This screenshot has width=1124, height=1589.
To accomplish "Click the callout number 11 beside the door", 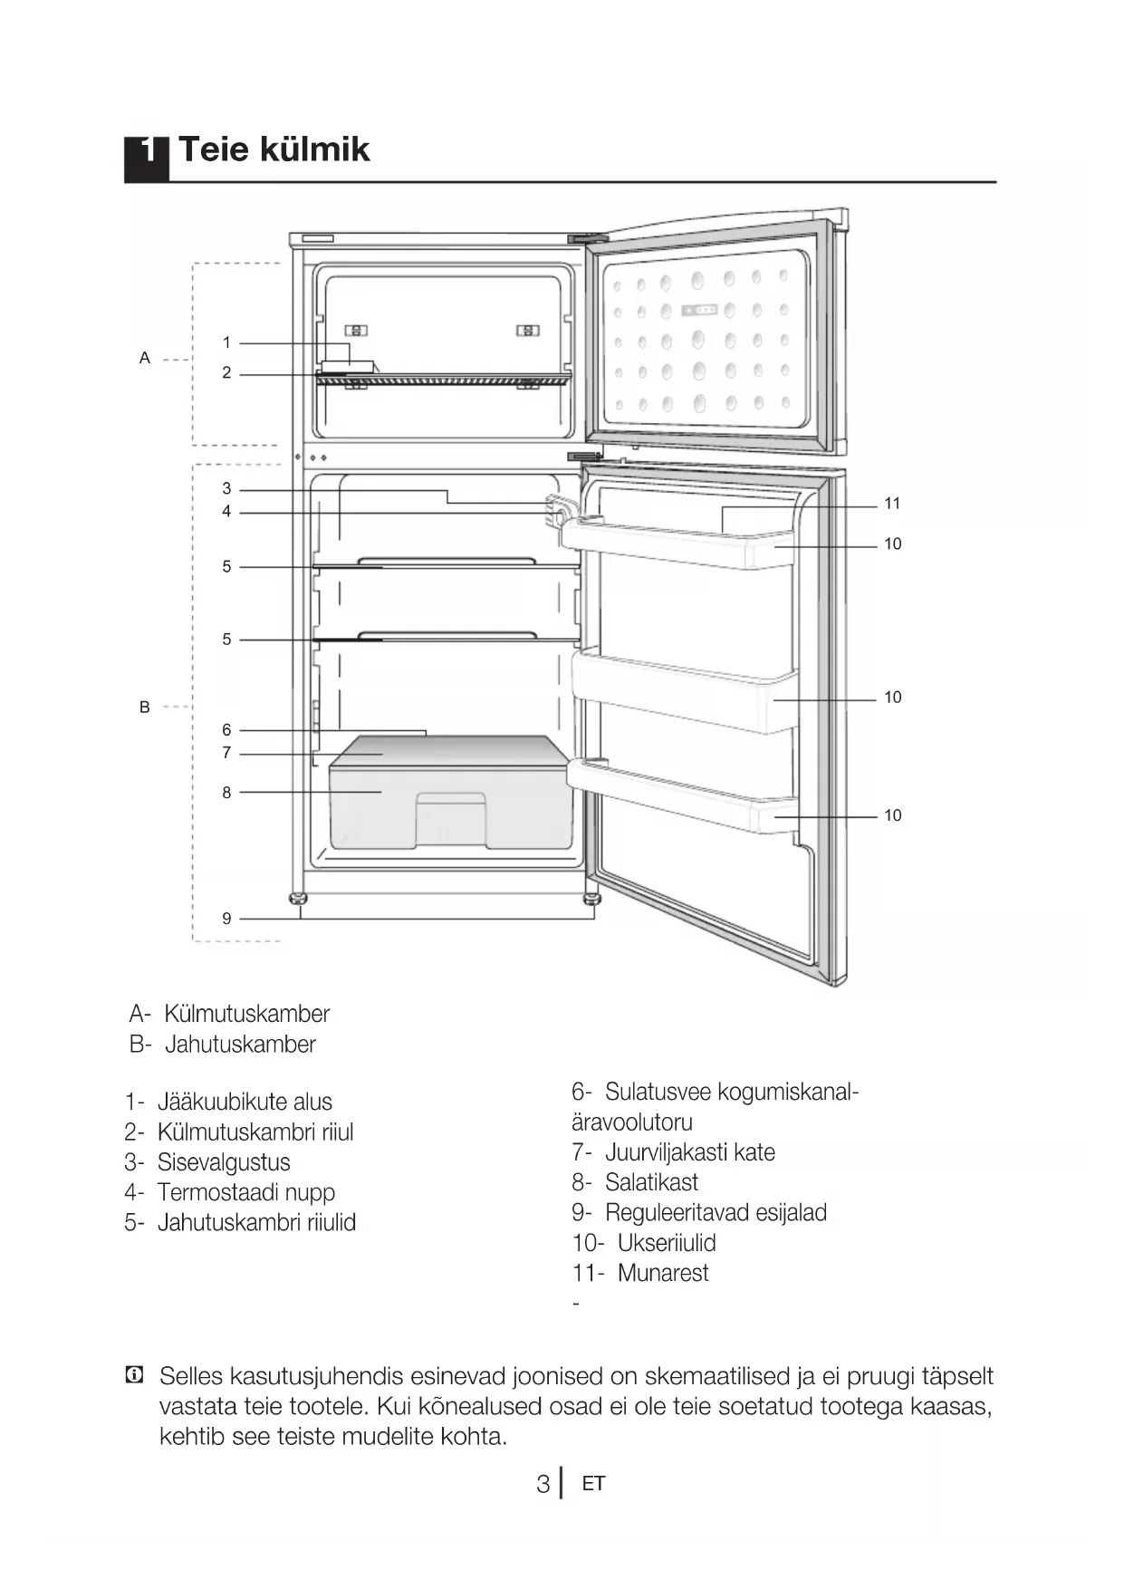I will (x=892, y=504).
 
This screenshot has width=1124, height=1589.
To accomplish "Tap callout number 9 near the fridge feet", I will (x=226, y=919).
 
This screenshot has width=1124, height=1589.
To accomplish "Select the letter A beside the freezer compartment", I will (x=144, y=359).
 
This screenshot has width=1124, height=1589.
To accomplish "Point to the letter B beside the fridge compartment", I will (x=144, y=708).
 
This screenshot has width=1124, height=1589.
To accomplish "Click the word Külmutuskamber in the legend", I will (x=246, y=1014).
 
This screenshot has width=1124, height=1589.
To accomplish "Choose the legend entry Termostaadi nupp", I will (x=245, y=1192).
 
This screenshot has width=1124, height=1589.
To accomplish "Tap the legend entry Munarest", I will (x=662, y=1273).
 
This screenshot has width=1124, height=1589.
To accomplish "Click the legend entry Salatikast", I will (x=651, y=1182).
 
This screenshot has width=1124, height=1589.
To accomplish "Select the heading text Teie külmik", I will (x=274, y=149).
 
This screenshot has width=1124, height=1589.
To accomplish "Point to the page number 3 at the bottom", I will (x=543, y=1484).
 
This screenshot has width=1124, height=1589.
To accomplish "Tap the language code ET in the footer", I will (x=593, y=1484).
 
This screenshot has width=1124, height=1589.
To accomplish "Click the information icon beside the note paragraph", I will (x=134, y=1376).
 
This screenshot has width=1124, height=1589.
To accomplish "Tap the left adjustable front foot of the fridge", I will (x=297, y=900).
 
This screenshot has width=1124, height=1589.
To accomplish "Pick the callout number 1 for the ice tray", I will (x=226, y=342).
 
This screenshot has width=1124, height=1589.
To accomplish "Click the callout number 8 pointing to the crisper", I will (x=226, y=793).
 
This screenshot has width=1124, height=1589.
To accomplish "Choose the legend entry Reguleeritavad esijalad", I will (x=716, y=1212).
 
